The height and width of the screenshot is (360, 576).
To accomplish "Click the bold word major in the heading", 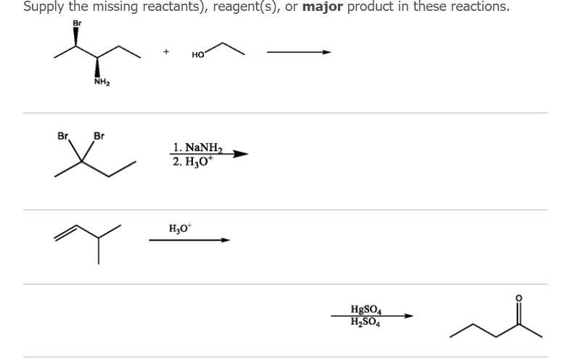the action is click(x=321, y=7).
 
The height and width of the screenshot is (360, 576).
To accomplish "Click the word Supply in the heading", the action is click(x=43, y=7).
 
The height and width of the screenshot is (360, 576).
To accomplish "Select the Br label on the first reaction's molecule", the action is click(x=78, y=22).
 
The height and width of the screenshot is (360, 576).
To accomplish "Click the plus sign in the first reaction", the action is click(x=166, y=52).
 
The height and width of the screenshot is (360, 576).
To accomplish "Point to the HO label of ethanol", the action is click(x=197, y=54).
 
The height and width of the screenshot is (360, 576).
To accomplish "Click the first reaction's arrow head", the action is click(x=327, y=52).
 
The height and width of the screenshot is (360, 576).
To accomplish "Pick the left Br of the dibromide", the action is click(x=62, y=135).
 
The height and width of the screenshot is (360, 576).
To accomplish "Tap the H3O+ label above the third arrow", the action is click(x=180, y=228).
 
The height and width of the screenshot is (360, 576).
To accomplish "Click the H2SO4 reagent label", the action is click(x=366, y=322).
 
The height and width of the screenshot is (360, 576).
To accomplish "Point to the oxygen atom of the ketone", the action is click(x=518, y=298).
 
